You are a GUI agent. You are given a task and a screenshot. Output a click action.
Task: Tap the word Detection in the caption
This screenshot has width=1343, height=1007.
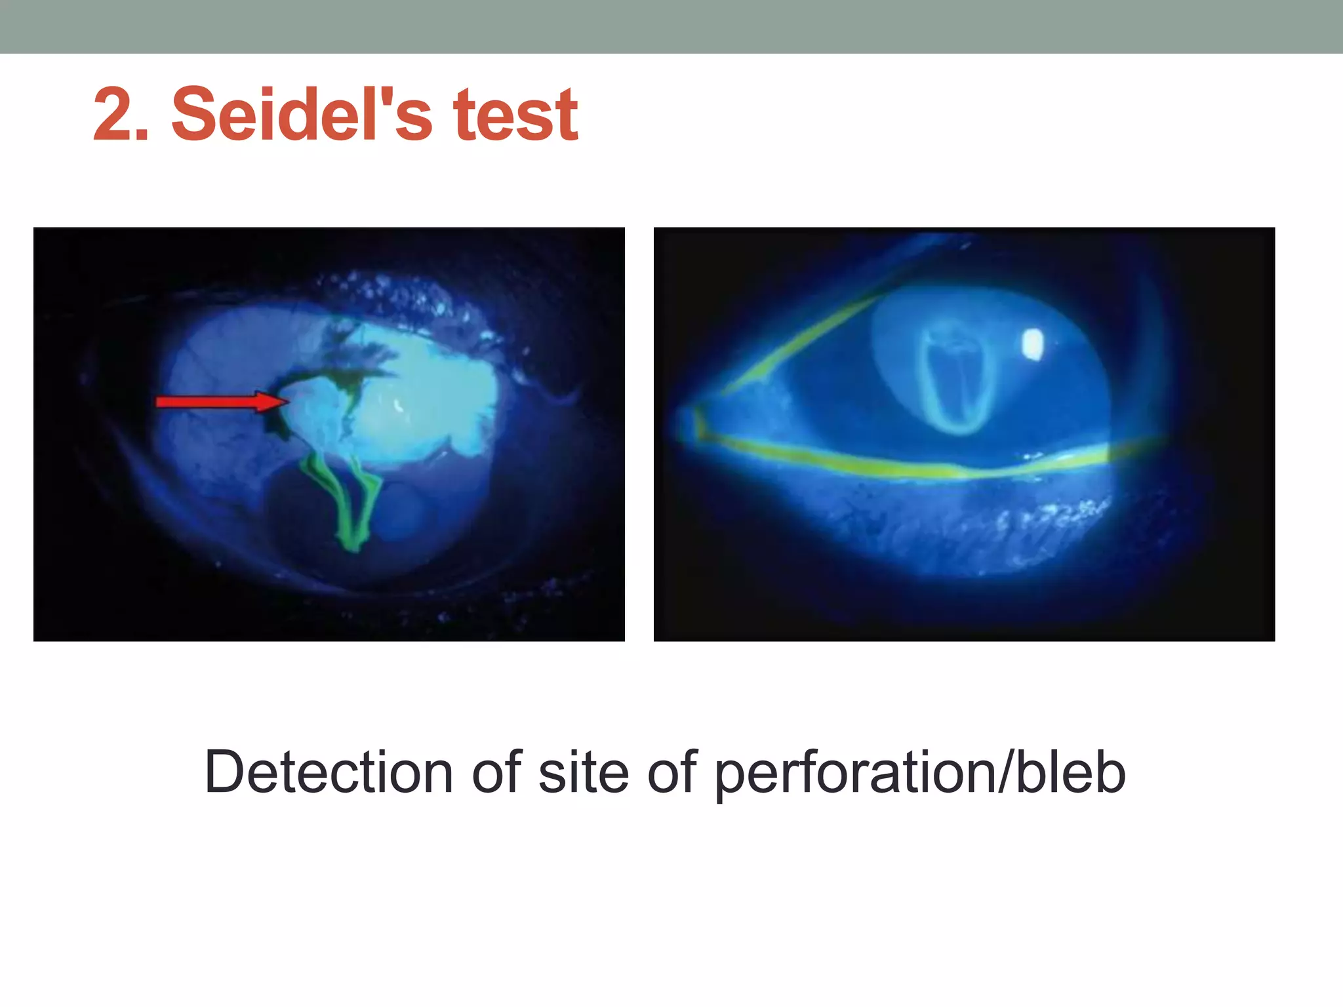328,772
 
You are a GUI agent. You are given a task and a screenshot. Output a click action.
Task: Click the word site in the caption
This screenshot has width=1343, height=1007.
584,772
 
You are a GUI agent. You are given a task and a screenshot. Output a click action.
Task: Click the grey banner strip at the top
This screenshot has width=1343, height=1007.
671,26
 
